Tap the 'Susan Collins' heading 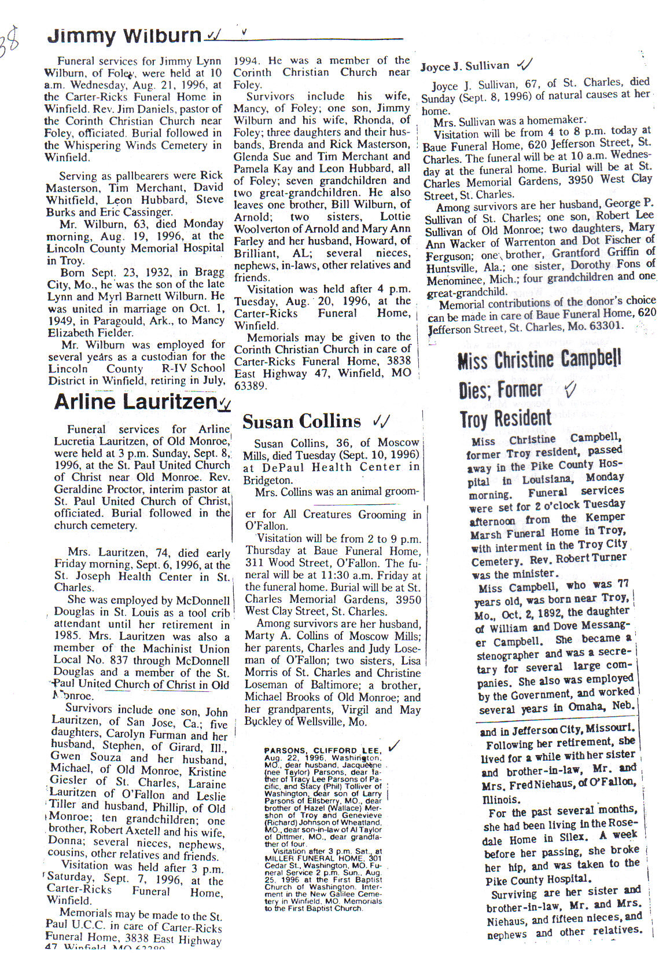[301, 421]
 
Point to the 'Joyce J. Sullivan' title [465, 66]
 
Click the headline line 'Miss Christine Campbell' [539, 360]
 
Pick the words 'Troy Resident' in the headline [506, 418]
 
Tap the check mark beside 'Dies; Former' [570, 390]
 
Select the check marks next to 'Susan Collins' [381, 421]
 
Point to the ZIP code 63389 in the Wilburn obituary [250, 386]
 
